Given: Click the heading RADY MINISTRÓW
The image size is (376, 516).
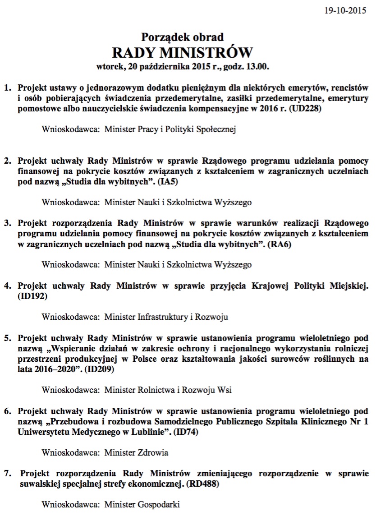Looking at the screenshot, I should click(182, 52).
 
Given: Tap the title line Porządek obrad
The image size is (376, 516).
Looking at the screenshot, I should click(182, 37).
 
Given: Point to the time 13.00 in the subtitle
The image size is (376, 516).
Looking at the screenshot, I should click(258, 67).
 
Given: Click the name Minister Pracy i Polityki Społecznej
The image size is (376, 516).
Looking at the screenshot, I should click(170, 129).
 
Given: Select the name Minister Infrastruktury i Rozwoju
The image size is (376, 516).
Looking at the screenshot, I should click(166, 317).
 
